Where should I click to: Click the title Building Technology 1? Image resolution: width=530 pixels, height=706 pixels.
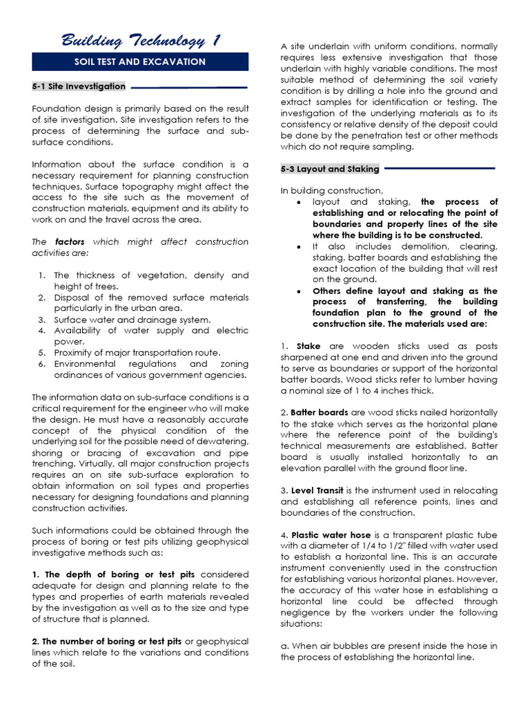pyautogui.click(x=140, y=41)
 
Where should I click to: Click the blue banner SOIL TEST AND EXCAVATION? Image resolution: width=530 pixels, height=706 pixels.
pyautogui.click(x=140, y=62)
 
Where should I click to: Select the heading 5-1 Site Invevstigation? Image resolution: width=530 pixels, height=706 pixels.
pyautogui.click(x=79, y=87)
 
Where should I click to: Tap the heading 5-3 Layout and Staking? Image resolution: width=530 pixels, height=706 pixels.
pyautogui.click(x=330, y=169)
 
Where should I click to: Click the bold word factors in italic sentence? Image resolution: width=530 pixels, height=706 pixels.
pyautogui.click(x=69, y=242)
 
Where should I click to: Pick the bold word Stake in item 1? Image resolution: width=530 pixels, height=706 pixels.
pyautogui.click(x=308, y=346)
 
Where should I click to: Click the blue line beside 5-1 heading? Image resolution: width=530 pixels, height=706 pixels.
pyautogui.click(x=188, y=88)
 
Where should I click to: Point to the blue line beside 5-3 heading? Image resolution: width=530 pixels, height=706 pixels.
pyautogui.click(x=439, y=168)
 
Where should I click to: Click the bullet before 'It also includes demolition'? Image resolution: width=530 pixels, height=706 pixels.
pyautogui.click(x=297, y=247)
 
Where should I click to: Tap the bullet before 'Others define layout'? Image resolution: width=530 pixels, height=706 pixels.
pyautogui.click(x=297, y=291)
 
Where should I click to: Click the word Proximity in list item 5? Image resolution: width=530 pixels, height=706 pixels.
pyautogui.click(x=75, y=353)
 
